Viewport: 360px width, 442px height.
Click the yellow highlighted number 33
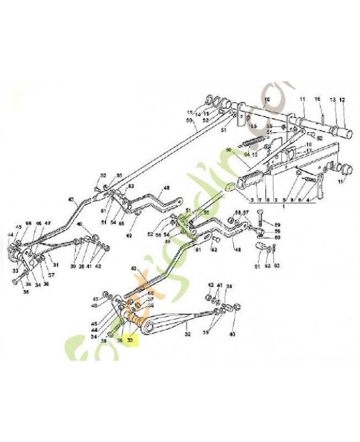click(x=130, y=341)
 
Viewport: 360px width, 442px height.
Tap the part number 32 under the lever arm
click(x=187, y=334)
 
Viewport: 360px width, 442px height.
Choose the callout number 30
click(x=72, y=265)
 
